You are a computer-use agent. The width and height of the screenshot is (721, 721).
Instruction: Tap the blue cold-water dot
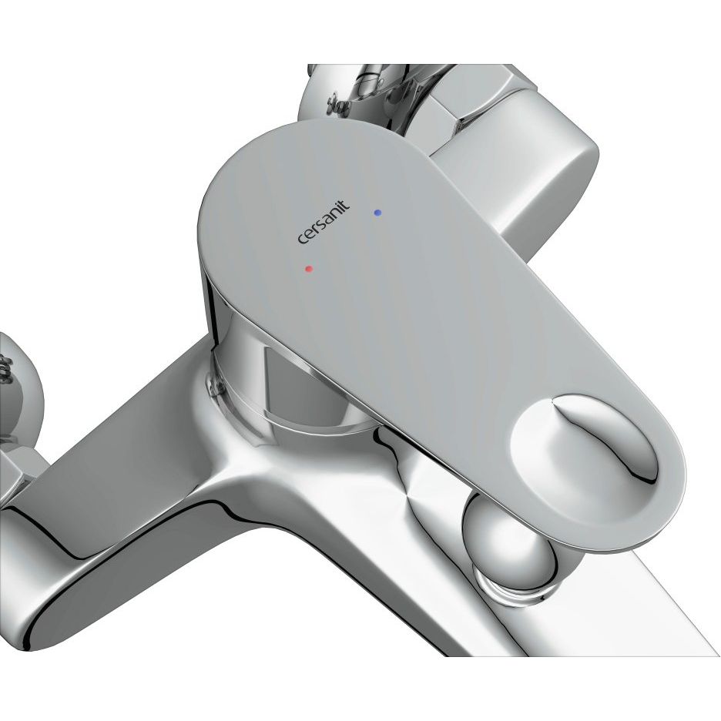coord(377,213)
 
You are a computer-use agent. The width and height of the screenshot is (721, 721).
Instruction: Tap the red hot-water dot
coord(309,269)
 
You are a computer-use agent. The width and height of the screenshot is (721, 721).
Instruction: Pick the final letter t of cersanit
coord(345,203)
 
